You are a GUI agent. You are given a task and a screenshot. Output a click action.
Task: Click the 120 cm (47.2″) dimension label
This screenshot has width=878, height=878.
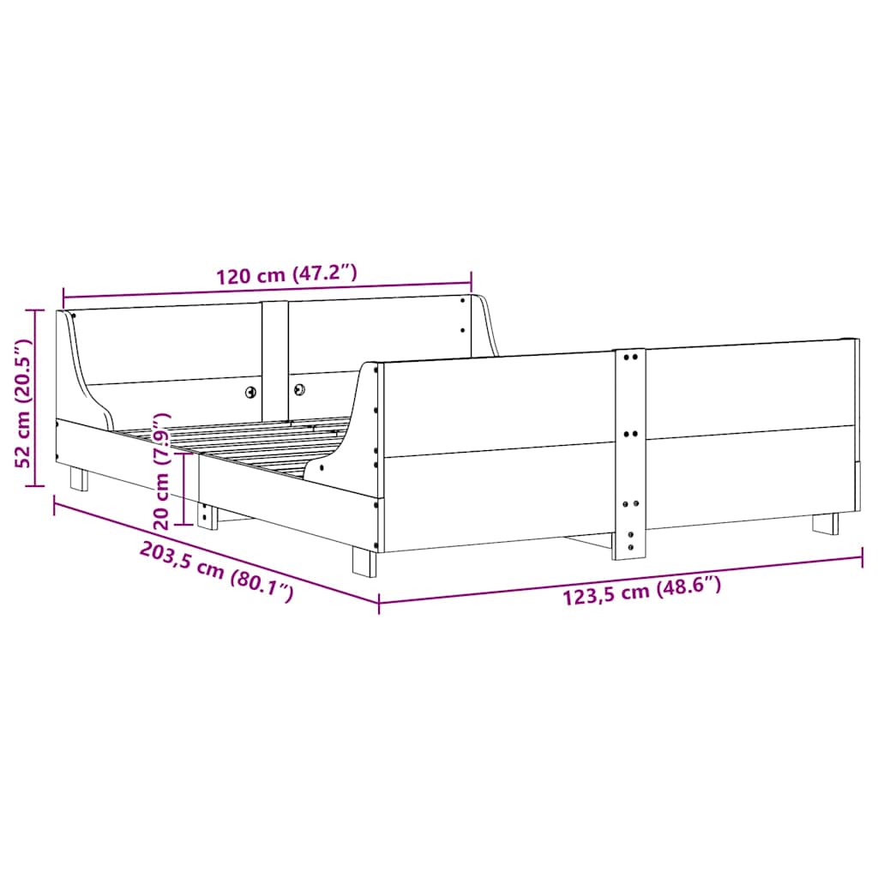(286, 276)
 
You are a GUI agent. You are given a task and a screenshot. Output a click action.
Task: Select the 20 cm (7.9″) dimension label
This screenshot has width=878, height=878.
(161, 470)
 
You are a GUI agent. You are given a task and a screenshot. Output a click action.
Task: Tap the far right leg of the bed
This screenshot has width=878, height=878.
(826, 523)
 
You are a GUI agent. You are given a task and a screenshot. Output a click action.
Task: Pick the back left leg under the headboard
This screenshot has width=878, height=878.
(79, 478)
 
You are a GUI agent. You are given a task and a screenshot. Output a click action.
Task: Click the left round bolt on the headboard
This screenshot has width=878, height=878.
(250, 391)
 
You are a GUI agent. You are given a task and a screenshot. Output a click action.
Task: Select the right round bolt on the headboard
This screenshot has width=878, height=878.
(300, 388)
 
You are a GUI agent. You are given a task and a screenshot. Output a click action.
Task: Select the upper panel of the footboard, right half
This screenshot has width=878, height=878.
(746, 386)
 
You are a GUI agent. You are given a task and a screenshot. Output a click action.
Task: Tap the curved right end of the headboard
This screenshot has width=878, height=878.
(487, 326)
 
